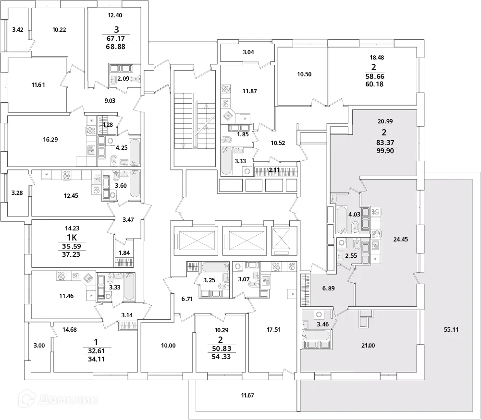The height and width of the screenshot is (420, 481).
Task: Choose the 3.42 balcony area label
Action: point(18,30)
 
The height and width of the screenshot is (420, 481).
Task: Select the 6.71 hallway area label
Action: point(187,299)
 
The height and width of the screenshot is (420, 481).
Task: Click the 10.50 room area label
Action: point(305,74)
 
